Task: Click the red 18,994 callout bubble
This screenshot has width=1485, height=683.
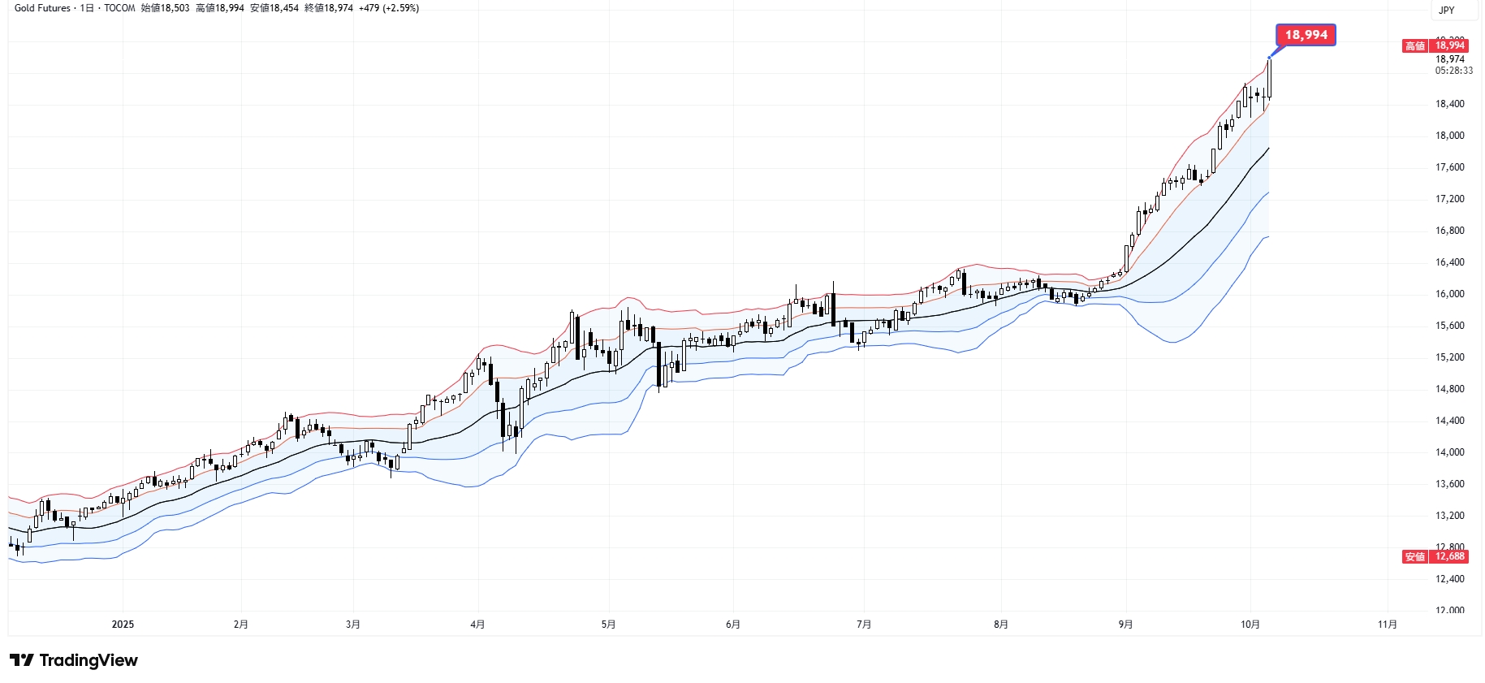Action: [1306, 35]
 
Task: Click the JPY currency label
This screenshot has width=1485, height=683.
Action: [1447, 11]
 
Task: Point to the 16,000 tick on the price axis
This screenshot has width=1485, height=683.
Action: [1450, 294]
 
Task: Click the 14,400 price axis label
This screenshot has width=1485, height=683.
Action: [1450, 421]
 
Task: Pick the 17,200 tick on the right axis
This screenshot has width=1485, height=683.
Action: [1450, 199]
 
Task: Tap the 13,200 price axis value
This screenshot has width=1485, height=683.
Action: [1450, 516]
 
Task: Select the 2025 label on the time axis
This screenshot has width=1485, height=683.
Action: [123, 625]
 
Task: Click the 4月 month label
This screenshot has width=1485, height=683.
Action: [477, 625]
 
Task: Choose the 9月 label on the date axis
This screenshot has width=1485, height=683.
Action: [1125, 625]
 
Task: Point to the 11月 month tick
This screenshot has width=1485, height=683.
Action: [1388, 625]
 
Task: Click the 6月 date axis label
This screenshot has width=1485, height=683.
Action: [733, 625]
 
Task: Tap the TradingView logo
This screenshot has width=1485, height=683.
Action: [74, 660]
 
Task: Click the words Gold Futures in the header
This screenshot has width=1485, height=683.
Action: [42, 8]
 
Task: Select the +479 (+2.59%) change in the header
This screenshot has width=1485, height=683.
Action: [389, 8]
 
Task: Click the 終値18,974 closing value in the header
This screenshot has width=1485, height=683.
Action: [329, 8]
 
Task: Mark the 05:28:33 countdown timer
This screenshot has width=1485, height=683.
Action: [1453, 71]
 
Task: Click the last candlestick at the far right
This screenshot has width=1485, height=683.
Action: [1269, 79]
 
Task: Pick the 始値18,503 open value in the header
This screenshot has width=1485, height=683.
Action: [165, 8]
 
